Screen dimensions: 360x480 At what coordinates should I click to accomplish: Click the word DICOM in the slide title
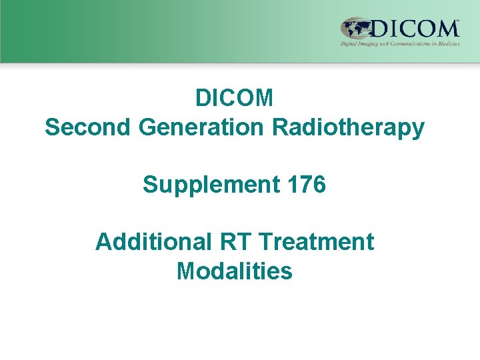tap(234, 99)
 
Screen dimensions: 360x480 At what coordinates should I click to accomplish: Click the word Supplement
tap(207, 185)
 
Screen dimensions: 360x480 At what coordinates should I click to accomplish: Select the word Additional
tap(151, 242)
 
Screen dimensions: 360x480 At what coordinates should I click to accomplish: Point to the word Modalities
tap(234, 271)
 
